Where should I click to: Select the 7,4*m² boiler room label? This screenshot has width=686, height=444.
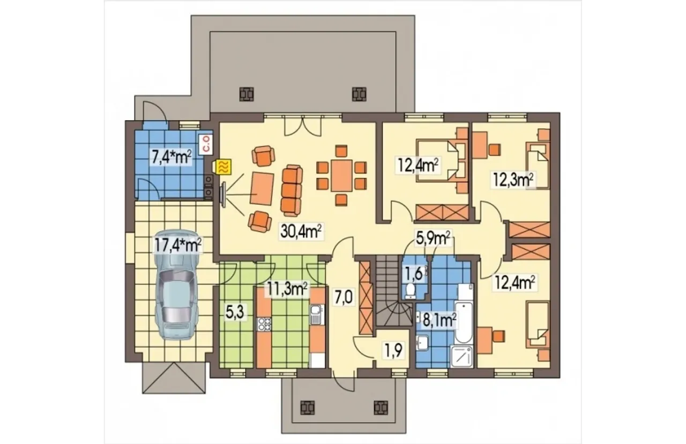point(171,157)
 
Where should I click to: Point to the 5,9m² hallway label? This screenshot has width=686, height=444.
point(433,239)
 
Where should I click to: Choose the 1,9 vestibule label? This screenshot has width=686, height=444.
point(393,352)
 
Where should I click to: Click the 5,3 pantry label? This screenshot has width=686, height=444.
point(235,313)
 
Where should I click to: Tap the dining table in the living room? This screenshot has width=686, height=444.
point(341,175)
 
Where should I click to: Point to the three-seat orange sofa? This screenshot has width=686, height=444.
point(292,190)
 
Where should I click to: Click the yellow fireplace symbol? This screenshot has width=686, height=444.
point(224,167)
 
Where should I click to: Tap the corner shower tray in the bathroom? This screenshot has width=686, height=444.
point(463,357)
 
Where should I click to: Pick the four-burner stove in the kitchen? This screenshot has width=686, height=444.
point(265,324)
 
